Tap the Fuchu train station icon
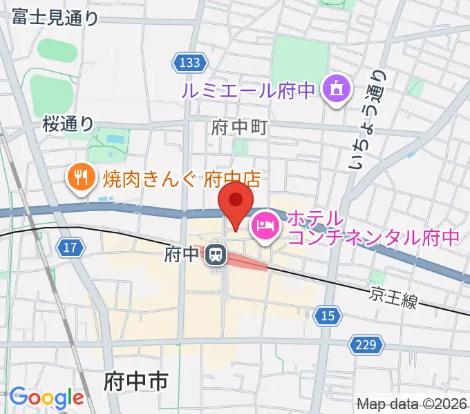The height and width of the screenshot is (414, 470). (x=216, y=256)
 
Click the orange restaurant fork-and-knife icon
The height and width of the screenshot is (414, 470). (x=80, y=178)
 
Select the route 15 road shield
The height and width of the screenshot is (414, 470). (x=328, y=315)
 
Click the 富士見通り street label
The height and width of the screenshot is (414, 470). (x=55, y=19)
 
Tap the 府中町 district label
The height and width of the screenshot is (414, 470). (x=238, y=127)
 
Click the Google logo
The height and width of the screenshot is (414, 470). (x=46, y=397)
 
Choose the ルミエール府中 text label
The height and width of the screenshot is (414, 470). (x=247, y=90)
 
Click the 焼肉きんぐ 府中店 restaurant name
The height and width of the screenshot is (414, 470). (x=182, y=179)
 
